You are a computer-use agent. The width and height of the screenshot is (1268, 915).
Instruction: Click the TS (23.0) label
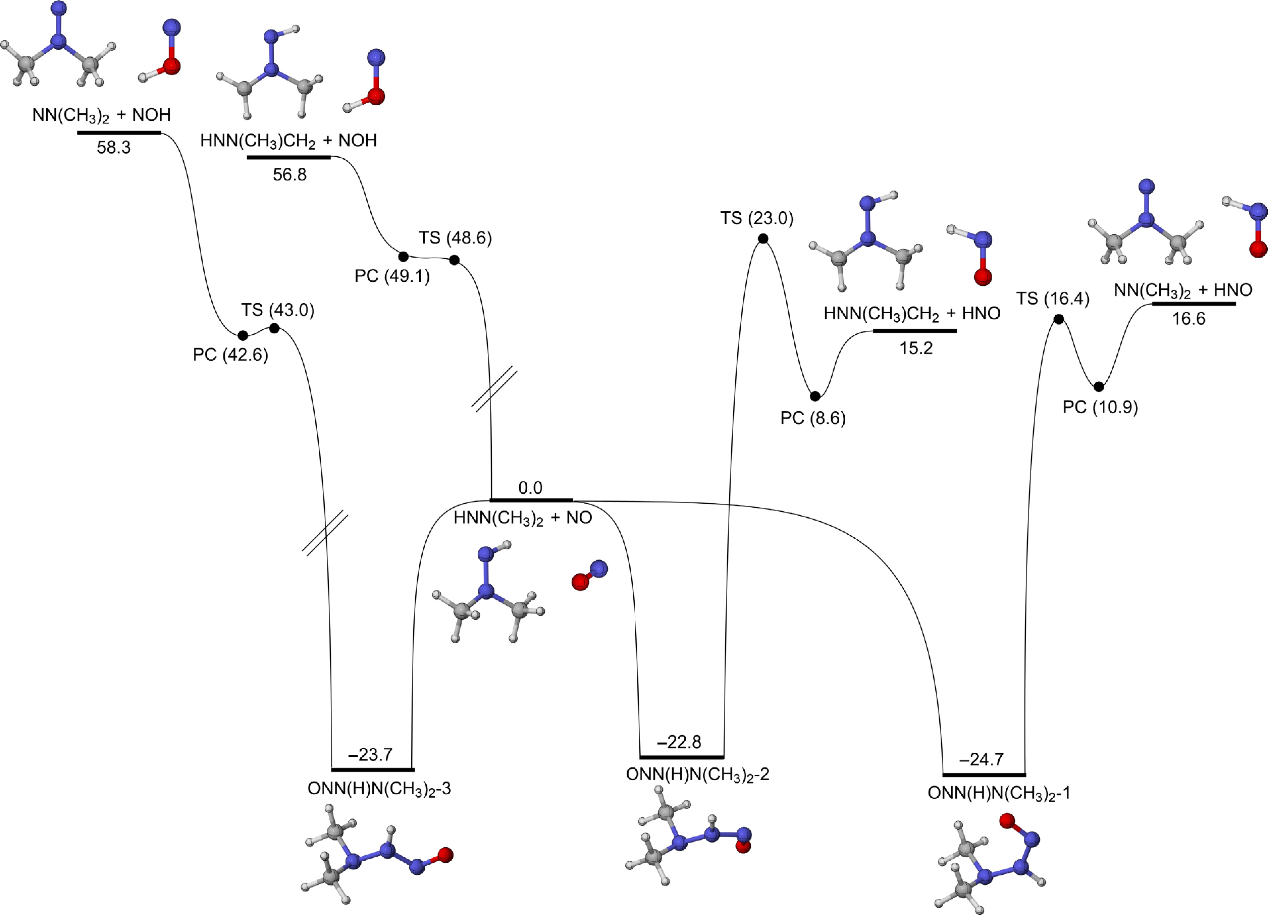(756, 218)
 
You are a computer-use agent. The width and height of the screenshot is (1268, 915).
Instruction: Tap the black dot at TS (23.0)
(762, 239)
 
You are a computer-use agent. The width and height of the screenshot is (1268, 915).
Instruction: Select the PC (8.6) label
(813, 418)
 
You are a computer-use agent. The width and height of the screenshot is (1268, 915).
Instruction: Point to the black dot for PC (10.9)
(1099, 386)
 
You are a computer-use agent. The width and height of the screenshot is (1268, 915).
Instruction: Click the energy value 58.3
(113, 148)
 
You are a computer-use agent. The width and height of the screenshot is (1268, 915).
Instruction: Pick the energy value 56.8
(289, 175)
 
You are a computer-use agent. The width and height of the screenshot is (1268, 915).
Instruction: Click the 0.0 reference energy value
(530, 488)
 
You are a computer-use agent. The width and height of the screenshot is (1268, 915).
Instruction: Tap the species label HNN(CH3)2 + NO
(522, 518)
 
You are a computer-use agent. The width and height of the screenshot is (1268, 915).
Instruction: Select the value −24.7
(981, 759)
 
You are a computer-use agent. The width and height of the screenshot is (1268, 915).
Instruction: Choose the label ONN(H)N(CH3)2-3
(379, 789)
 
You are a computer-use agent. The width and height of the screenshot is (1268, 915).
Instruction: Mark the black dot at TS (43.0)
(274, 328)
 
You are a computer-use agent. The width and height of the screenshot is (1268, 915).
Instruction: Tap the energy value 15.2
(916, 348)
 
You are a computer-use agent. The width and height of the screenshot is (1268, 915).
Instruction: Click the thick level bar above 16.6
(1194, 304)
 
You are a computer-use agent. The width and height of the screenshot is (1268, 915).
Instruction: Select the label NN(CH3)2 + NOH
(101, 115)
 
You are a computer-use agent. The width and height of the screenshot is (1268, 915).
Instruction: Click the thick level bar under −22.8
(682, 757)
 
